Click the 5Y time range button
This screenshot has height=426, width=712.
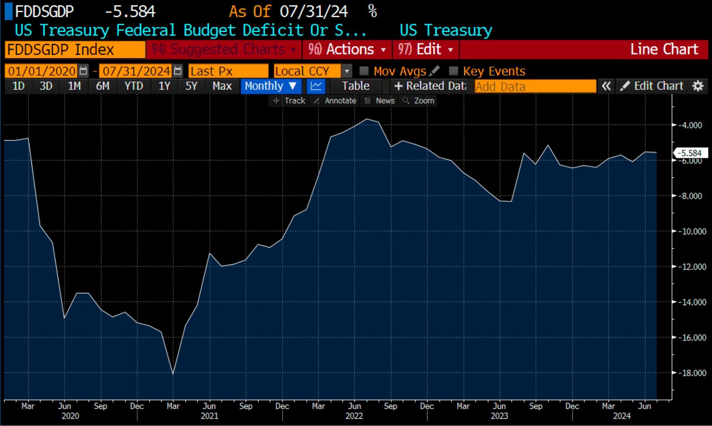click(x=191, y=86)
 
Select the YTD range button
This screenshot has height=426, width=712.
click(x=134, y=86)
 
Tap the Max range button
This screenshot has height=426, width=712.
click(x=222, y=86)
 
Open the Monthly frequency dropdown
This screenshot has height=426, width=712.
click(x=271, y=86)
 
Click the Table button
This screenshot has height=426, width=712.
click(x=355, y=86)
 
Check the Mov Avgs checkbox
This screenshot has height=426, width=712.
click(x=364, y=71)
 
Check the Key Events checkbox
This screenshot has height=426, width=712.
click(x=453, y=71)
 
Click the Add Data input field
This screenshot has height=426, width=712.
click(x=535, y=87)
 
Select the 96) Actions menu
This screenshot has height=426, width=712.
click(x=347, y=50)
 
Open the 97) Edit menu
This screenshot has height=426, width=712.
click(x=426, y=50)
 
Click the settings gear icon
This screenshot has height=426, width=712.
click(x=698, y=86)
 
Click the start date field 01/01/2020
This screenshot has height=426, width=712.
click(x=42, y=71)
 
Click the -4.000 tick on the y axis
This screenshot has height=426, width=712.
click(x=690, y=125)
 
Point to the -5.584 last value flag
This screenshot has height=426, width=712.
click(x=690, y=153)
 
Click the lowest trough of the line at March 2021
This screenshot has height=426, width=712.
click(x=173, y=373)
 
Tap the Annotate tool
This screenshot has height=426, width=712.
click(x=336, y=101)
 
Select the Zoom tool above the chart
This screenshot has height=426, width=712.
click(x=419, y=101)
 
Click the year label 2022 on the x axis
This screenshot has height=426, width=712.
click(x=354, y=416)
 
